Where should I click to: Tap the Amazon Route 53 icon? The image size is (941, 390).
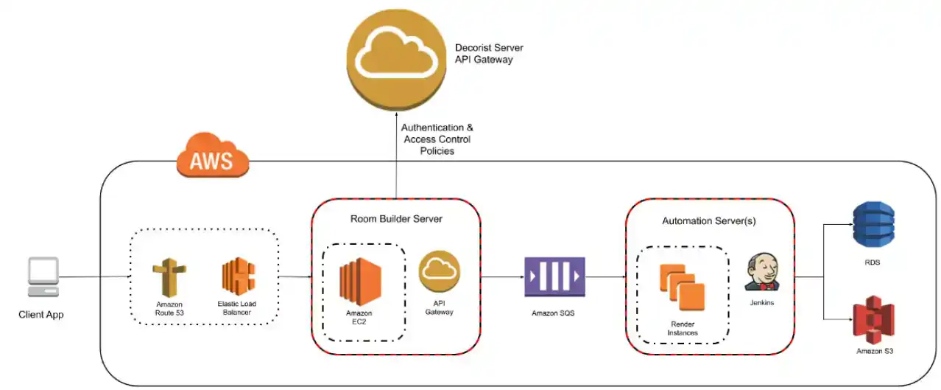(x=169, y=277)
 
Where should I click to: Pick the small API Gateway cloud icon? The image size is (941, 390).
(x=440, y=271)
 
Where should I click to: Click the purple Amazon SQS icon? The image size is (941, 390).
(x=554, y=277)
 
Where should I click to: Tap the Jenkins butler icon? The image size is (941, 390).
(x=761, y=271)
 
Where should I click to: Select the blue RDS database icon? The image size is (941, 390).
(x=873, y=226)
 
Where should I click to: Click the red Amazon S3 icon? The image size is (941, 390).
(x=873, y=319)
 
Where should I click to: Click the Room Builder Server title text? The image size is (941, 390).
(x=396, y=219)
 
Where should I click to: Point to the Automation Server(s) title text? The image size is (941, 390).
(x=709, y=220)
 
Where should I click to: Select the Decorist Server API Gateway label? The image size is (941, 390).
(x=489, y=54)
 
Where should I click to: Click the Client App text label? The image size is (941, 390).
(x=41, y=315)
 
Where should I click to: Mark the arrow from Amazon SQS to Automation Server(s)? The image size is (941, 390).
(x=605, y=278)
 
